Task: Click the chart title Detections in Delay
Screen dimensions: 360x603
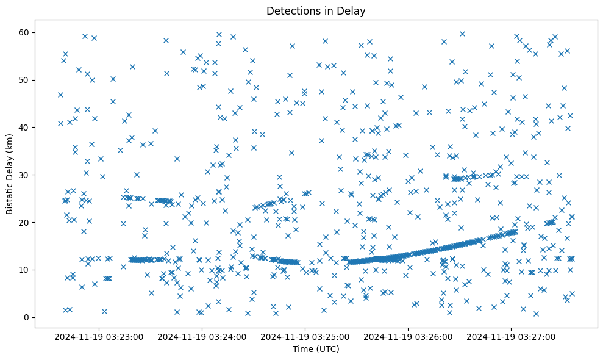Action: click(x=316, y=11)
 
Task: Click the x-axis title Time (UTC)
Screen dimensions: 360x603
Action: click(x=316, y=349)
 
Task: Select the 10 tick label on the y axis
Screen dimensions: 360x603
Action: click(x=26, y=270)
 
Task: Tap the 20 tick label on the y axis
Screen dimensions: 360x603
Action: click(x=26, y=222)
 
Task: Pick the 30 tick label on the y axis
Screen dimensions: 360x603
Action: click(x=26, y=175)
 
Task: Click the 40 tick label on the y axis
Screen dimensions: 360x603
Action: click(x=26, y=127)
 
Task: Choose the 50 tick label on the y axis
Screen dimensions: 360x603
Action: click(x=26, y=80)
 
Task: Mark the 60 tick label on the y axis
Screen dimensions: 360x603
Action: click(x=26, y=32)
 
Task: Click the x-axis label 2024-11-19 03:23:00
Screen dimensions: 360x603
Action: click(x=99, y=336)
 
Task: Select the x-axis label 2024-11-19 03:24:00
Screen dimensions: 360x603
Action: click(x=202, y=336)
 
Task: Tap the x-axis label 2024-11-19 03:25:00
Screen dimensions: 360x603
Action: click(x=305, y=336)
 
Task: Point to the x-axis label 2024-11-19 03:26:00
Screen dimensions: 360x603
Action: click(x=408, y=336)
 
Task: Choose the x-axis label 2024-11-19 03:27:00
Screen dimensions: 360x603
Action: click(x=511, y=336)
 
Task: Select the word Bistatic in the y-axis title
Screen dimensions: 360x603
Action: click(x=10, y=196)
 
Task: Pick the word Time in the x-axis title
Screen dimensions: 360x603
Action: click(x=303, y=349)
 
